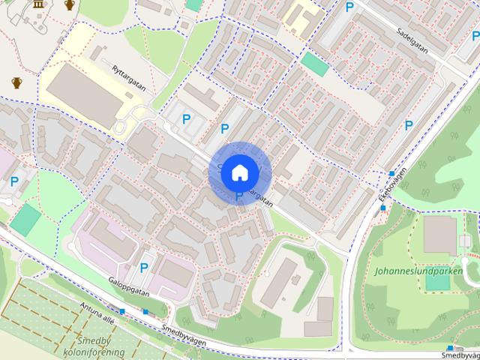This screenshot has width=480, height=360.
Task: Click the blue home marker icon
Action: pyautogui.click(x=239, y=172)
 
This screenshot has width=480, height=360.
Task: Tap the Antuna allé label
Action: pyautogui.click(x=97, y=310)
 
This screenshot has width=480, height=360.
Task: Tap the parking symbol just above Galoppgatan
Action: pyautogui.click(x=143, y=267)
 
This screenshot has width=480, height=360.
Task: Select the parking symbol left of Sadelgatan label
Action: pyautogui.click(x=349, y=7)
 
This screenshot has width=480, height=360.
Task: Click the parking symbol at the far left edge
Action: pyautogui.click(x=14, y=181)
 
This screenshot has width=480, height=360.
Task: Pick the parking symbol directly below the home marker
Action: pyautogui.click(x=239, y=196)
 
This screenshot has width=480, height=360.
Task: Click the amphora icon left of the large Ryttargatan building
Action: pyautogui.click(x=16, y=82)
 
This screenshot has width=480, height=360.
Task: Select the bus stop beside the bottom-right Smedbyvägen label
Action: pyautogui.click(x=450, y=348)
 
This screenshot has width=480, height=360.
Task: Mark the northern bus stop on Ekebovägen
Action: pyautogui.click(x=391, y=173)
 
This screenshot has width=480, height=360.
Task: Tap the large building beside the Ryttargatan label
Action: pyautogui.click(x=79, y=94)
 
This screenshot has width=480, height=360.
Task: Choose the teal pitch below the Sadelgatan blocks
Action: pyautogui.click(x=315, y=64)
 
